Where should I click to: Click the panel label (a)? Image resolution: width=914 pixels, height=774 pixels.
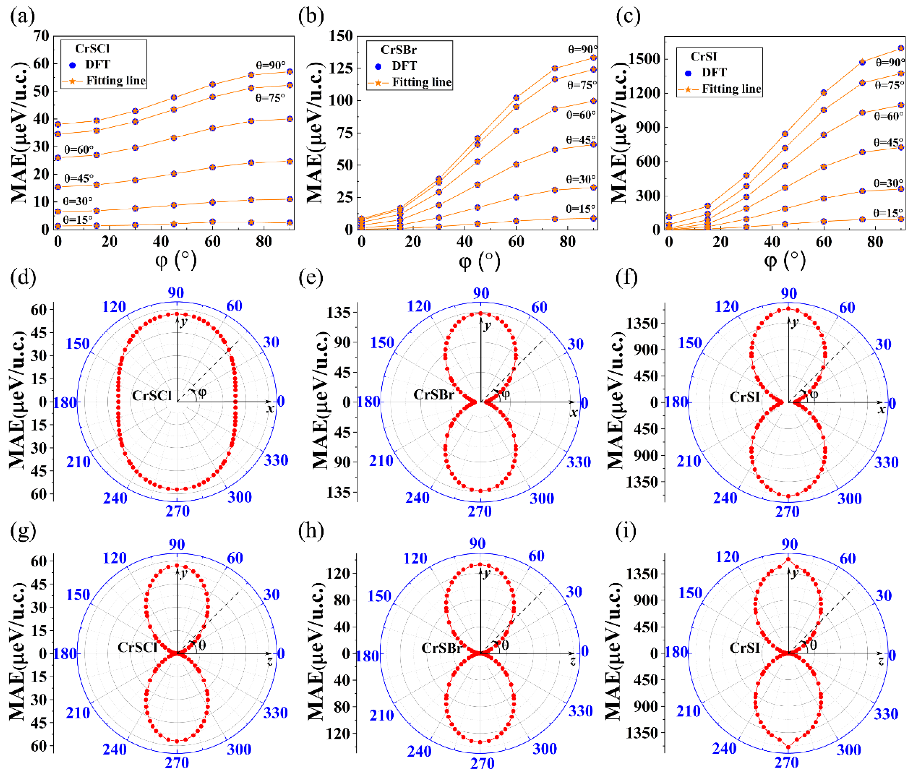tap(22, 17)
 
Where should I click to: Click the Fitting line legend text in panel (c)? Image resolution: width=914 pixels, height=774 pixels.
tap(731, 89)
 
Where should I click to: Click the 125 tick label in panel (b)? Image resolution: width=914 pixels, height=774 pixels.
tap(341, 68)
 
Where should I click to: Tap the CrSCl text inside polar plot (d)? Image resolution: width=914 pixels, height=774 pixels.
tap(152, 395)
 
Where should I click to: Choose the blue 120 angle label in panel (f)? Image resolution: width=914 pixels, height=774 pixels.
tap(727, 307)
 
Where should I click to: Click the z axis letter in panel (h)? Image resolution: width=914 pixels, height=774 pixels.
tap(572, 661)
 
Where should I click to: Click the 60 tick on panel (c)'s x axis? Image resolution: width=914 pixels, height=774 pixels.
tap(824, 242)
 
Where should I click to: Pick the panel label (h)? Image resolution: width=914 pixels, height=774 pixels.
tap(311, 531)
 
